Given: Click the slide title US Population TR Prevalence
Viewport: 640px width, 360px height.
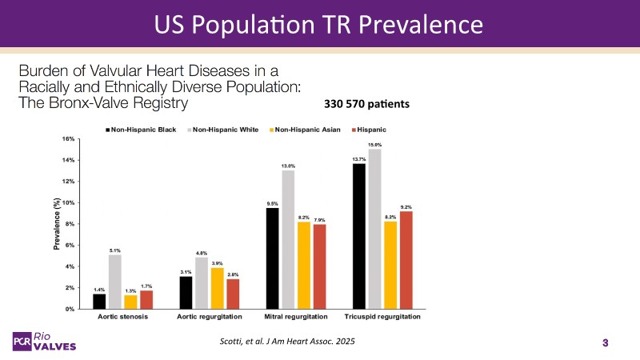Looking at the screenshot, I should [320, 23].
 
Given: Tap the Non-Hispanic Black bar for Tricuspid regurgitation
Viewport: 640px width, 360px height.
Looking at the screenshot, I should [359, 236].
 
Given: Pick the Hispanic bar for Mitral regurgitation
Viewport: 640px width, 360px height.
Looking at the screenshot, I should [319, 266].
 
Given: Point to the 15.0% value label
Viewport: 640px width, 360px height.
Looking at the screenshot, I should [374, 145].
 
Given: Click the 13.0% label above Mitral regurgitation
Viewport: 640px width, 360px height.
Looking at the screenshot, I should [288, 166].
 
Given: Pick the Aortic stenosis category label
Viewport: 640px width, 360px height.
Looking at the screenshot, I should [120, 318].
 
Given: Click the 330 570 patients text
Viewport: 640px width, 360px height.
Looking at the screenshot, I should [367, 104].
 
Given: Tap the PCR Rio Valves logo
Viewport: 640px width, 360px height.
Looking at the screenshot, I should [47, 340].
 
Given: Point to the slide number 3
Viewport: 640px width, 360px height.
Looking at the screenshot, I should [606, 343].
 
